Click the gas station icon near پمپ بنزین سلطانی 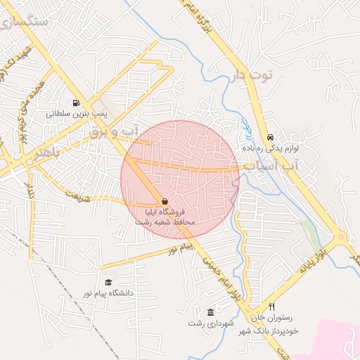coord(76,102)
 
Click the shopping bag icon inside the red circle coord(165,201)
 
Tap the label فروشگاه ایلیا coord(165,212)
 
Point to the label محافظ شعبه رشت coord(165,222)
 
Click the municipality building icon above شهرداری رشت coord(210,312)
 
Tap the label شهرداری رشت coord(210,323)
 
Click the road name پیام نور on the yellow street coord(181,248)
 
